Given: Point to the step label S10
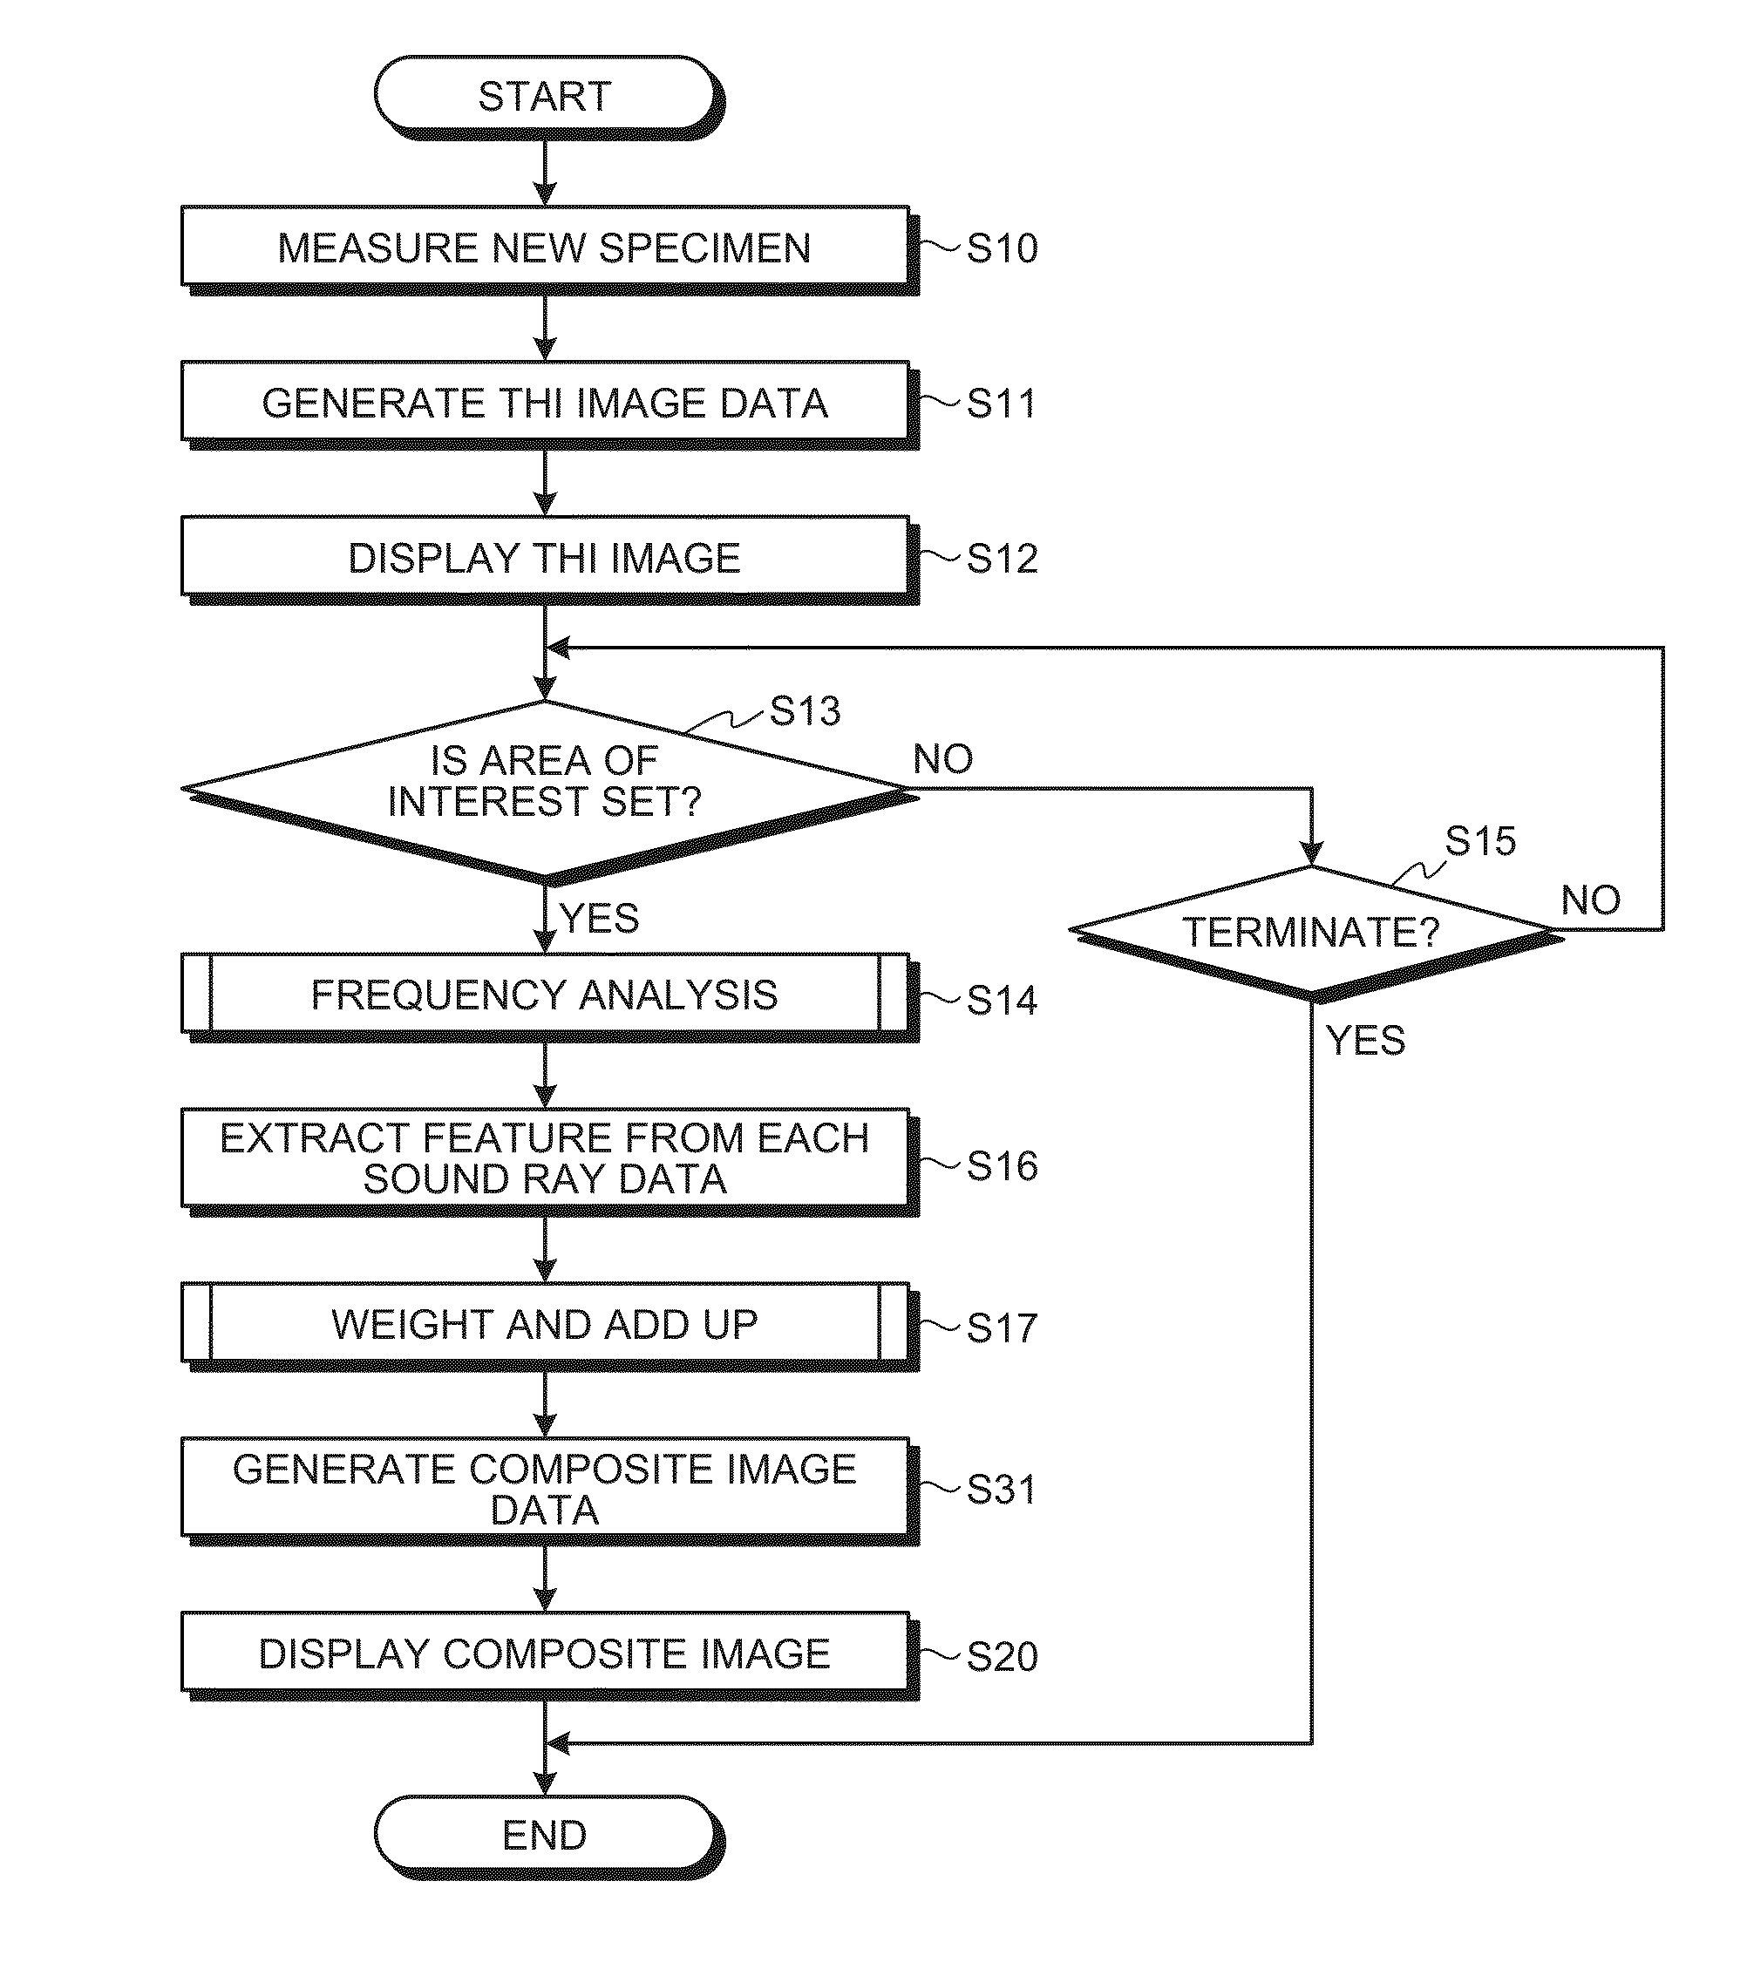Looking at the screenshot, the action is tap(1003, 248).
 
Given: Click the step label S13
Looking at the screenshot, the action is tap(806, 710).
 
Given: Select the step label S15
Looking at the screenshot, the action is tap(1480, 840).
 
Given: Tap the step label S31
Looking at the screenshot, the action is tap(1002, 1490).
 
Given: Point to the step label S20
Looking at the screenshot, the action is tap(1003, 1657).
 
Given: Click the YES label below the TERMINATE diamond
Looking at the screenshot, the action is tap(1366, 1040).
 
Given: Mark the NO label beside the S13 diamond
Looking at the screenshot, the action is tap(943, 759).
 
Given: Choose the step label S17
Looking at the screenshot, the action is tap(1002, 1328).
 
